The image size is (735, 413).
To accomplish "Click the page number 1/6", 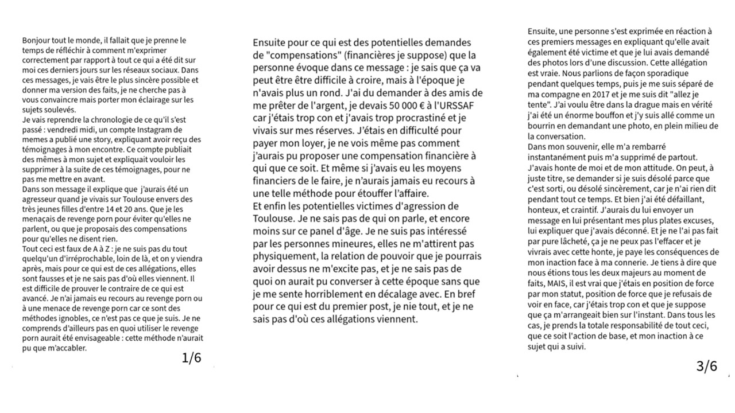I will coord(191,359).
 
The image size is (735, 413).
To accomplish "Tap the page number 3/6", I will coord(706,366).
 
